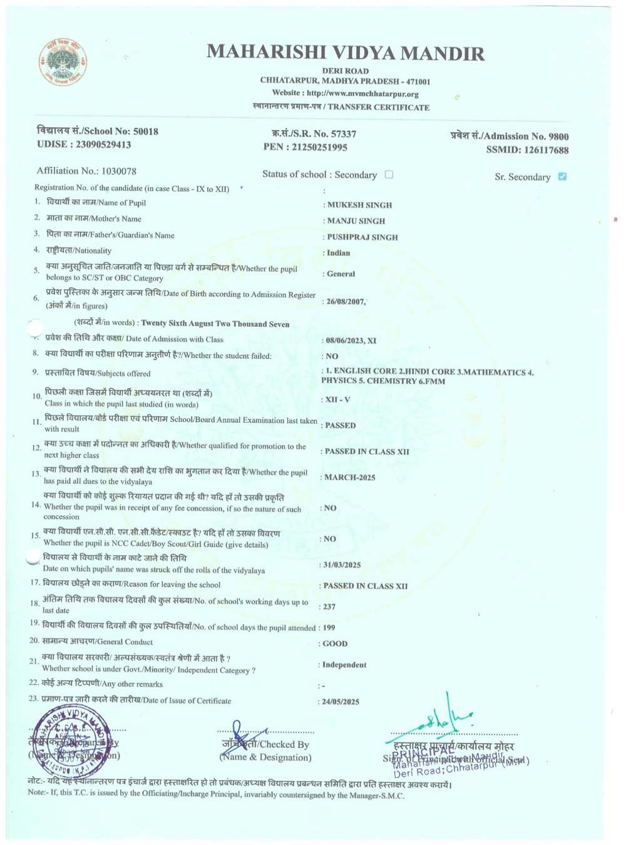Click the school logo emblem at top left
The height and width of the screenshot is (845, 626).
[x=63, y=62]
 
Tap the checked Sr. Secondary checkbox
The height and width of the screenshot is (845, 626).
[x=562, y=177]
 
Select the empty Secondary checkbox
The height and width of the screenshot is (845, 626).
[x=389, y=175]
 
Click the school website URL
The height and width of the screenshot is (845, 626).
[x=362, y=94]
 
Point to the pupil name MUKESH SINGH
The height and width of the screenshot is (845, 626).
[x=359, y=205]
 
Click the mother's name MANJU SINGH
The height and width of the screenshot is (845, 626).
[x=356, y=221]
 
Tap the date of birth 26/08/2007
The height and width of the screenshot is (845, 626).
[x=346, y=302]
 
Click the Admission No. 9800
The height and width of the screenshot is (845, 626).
[x=558, y=136]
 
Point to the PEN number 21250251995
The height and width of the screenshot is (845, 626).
[x=319, y=147]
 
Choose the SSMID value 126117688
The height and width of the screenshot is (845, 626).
[x=546, y=150]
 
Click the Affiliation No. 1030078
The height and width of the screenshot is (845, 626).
[x=118, y=171]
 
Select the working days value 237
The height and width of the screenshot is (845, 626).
[x=329, y=607]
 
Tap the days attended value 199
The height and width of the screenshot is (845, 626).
[x=329, y=627]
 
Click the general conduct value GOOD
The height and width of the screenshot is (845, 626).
[x=335, y=643]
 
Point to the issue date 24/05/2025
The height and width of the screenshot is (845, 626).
[x=341, y=702]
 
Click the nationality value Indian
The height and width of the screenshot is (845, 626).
[x=338, y=253]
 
